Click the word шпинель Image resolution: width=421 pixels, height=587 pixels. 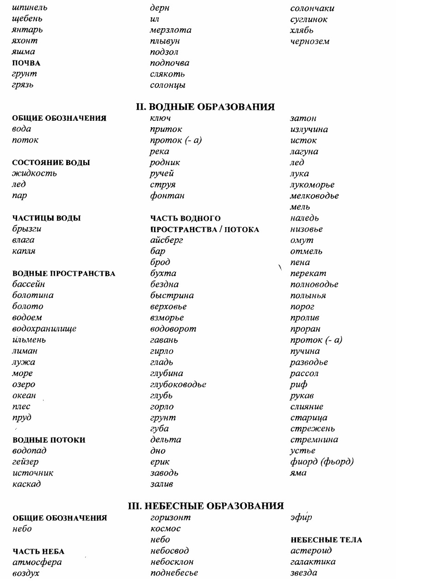click(x=29, y=8)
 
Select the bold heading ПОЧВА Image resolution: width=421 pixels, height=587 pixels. click(x=26, y=63)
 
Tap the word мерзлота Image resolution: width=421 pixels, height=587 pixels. click(x=170, y=30)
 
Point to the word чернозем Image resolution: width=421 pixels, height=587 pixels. click(x=310, y=41)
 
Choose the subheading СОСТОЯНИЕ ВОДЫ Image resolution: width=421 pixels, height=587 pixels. click(x=51, y=163)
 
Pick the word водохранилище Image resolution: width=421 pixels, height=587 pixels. click(x=44, y=329)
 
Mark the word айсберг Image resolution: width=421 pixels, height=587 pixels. click(x=167, y=240)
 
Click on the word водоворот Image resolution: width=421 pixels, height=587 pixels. click(x=173, y=329)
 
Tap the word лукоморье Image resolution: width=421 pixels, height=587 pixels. click(x=312, y=185)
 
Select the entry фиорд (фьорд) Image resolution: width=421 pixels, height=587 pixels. click(x=322, y=462)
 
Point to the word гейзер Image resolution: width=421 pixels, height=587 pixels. click(x=25, y=462)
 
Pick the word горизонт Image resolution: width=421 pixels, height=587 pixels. click(x=170, y=517)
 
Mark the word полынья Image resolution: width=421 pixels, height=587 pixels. click(x=308, y=296)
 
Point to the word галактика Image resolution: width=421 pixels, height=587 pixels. click(x=313, y=562)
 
